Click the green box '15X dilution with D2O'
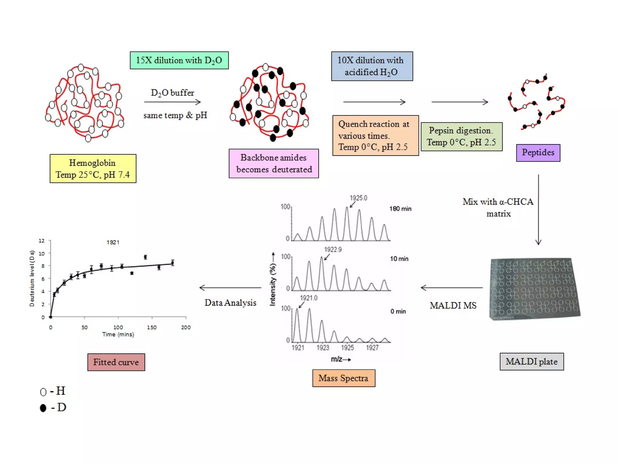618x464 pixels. (x=179, y=60)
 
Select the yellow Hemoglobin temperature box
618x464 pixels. (x=93, y=169)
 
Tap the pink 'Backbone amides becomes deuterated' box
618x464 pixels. (x=274, y=163)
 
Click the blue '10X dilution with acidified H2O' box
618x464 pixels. (x=372, y=66)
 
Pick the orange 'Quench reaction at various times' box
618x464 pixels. (x=375, y=135)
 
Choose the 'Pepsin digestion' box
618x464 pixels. (x=461, y=137)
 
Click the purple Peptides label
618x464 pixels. (x=538, y=153)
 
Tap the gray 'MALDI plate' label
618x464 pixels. (x=531, y=362)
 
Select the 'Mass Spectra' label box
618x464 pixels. (x=344, y=378)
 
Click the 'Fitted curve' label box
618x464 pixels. (x=116, y=362)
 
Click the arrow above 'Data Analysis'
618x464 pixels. (x=230, y=288)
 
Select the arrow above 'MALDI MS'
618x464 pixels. (x=451, y=288)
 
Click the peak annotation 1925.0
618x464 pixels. (x=358, y=198)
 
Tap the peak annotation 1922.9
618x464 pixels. (x=333, y=250)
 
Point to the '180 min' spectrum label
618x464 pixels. (x=400, y=209)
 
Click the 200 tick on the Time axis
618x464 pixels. (x=186, y=327)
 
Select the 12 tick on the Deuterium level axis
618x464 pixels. (x=42, y=241)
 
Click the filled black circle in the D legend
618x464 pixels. (x=43, y=408)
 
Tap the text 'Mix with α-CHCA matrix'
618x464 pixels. (x=498, y=208)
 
